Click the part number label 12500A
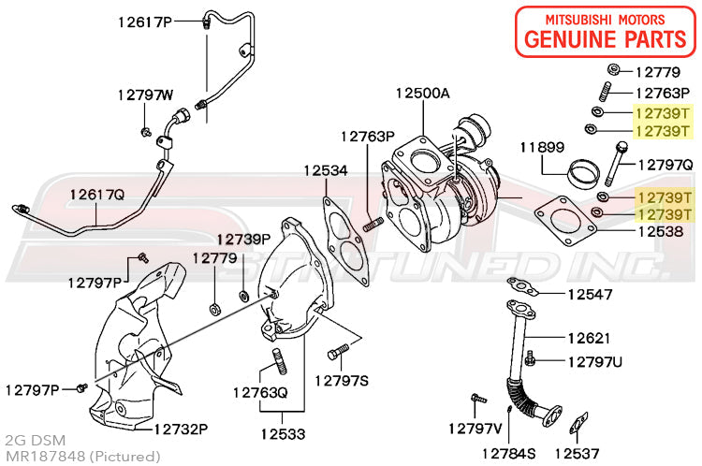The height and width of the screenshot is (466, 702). [422, 94]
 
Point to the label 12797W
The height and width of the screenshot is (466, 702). [145, 95]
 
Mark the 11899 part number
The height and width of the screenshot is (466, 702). [543, 148]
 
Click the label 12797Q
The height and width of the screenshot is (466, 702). [665, 164]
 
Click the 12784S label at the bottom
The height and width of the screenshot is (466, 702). [508, 454]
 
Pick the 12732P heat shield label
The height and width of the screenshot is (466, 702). [181, 429]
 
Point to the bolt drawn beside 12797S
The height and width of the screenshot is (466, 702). [339, 354]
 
